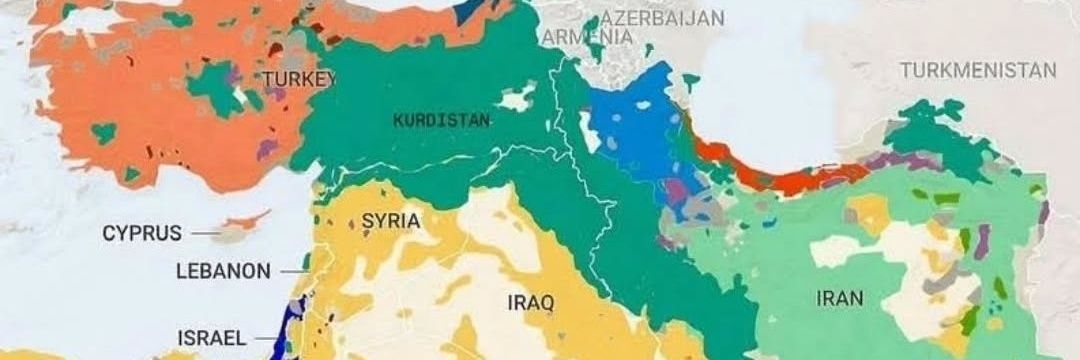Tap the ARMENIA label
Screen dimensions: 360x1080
click(x=589, y=37)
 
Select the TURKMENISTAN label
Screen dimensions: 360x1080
click(x=977, y=70)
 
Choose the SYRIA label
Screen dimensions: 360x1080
click(x=391, y=221)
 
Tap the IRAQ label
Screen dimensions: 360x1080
click(x=531, y=302)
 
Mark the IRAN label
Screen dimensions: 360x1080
click(x=840, y=297)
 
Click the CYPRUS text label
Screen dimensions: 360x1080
click(x=142, y=234)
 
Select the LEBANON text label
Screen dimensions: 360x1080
click(x=222, y=271)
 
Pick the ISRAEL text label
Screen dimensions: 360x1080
click(x=212, y=338)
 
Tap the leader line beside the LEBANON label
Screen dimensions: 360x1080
click(x=292, y=271)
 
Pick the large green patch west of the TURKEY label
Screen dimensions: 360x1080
click(x=215, y=87)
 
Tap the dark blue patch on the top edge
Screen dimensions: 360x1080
click(x=466, y=12)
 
